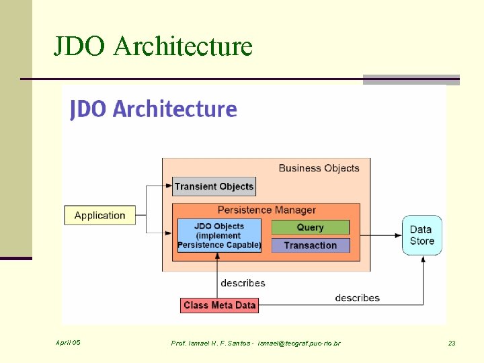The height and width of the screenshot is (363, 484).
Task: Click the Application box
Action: [x=99, y=215]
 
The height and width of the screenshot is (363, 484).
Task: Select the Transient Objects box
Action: [x=214, y=186]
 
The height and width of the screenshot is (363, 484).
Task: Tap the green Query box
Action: [x=310, y=227]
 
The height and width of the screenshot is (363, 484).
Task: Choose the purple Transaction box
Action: [x=310, y=245]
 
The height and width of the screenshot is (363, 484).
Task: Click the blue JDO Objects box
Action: [x=219, y=236]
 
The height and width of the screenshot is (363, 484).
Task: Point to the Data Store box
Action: [x=422, y=235]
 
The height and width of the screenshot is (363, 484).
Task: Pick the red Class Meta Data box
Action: [x=219, y=305]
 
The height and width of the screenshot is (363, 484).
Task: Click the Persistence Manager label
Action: [x=266, y=210]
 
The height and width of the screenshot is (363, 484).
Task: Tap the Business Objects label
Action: [x=319, y=168]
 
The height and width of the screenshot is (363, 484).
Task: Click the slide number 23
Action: [x=452, y=344]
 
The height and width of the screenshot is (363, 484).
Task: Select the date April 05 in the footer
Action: [x=68, y=343]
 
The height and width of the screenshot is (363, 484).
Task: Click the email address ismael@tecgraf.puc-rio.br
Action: [x=299, y=344]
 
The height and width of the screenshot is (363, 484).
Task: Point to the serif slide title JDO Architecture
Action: [x=153, y=46]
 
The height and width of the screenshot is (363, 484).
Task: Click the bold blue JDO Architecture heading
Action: [x=153, y=109]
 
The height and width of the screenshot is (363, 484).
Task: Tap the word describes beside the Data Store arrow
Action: [x=357, y=298]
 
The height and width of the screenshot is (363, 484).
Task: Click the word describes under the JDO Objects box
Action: [x=243, y=283]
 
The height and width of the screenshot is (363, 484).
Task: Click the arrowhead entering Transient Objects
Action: [x=169, y=186]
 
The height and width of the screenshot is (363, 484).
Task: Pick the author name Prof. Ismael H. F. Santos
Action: [x=211, y=344]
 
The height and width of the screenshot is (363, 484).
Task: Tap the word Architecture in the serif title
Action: [x=184, y=46]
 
